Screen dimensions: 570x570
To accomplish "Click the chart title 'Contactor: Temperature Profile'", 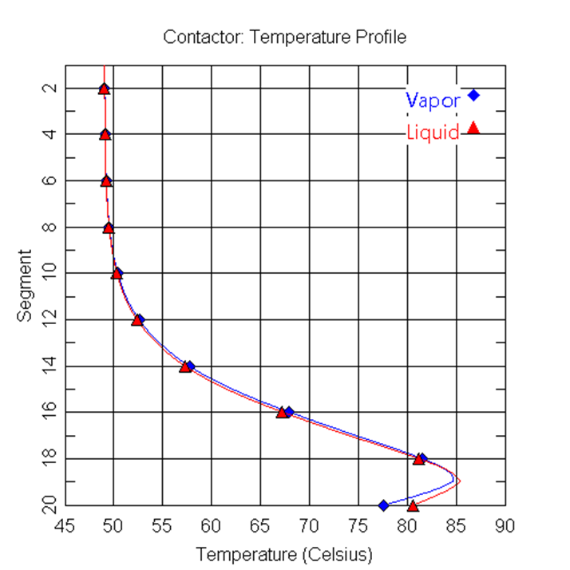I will [284, 37].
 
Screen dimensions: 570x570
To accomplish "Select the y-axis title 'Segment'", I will [25, 286].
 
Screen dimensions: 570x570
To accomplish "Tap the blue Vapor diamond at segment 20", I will [383, 505].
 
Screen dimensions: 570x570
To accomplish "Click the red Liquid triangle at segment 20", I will [413, 505].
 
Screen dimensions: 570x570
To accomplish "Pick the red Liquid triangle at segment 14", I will [185, 366].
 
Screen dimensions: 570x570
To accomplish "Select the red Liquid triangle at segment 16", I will [282, 412].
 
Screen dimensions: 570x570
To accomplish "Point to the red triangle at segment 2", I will [104, 89].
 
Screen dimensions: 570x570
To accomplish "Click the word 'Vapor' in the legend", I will [433, 101].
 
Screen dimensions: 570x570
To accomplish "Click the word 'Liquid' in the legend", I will [433, 133].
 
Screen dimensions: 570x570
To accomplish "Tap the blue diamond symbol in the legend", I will [473, 95].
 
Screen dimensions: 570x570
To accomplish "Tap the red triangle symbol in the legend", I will [473, 127].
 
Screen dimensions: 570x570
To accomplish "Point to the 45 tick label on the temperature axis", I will [64, 526].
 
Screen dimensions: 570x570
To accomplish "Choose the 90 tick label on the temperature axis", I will [505, 526].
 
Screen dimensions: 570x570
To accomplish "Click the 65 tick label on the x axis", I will [259, 526].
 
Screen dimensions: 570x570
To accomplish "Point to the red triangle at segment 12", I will [137, 319].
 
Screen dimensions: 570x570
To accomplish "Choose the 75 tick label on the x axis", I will [358, 526].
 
